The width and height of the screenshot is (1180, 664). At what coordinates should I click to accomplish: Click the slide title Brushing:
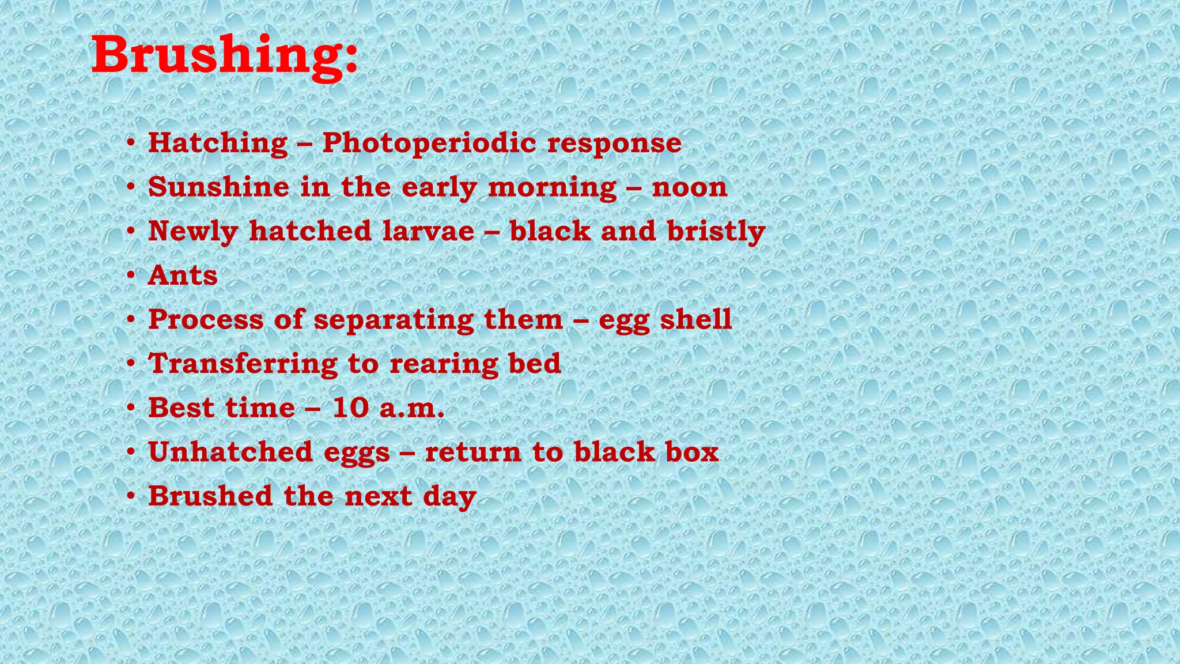225,55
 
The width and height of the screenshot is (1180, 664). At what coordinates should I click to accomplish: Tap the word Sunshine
218,187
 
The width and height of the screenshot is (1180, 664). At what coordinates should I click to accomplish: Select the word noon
690,187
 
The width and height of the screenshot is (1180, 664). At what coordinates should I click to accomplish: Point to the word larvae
428,231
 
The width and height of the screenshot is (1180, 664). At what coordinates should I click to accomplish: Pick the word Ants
183,276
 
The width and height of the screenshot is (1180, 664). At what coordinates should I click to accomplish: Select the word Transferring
243,364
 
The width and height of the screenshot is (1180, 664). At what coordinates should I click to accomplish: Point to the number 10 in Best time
350,408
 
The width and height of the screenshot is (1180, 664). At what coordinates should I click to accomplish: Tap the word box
692,452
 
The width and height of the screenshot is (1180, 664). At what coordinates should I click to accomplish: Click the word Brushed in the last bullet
210,496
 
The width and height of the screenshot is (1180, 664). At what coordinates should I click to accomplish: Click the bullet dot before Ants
131,276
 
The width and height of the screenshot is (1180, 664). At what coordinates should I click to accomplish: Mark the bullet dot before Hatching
131,143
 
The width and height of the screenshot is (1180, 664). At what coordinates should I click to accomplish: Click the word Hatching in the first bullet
218,143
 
